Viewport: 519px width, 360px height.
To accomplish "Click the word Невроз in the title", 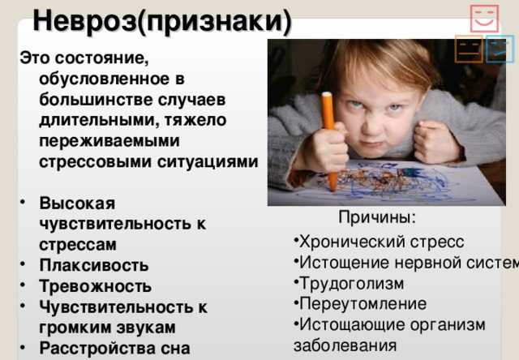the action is [85, 20].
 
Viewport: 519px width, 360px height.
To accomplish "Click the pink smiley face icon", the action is [484, 18].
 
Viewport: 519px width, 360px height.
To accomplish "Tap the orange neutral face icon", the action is [469, 49].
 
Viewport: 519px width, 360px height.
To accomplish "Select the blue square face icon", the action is [500, 49].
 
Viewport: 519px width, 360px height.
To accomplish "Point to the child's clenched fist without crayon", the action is [435, 142].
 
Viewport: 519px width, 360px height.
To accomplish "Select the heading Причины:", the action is [377, 217].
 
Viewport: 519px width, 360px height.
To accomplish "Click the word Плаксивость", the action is [94, 265].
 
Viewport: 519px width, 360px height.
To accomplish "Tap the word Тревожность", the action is [96, 286].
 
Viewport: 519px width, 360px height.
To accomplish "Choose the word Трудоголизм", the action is [351, 284].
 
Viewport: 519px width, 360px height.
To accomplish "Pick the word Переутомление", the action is [362, 304].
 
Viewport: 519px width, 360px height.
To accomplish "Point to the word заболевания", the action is [345, 345].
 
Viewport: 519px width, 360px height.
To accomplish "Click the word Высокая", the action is [78, 203].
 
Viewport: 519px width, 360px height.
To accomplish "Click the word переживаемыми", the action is [109, 140].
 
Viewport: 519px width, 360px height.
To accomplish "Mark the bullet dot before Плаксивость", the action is [23, 264].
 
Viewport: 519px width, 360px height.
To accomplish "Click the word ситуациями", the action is [208, 162].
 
